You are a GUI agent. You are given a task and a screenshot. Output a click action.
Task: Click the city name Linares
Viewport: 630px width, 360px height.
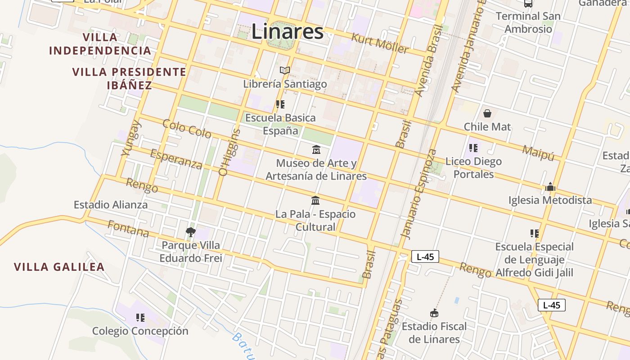coord(287,31)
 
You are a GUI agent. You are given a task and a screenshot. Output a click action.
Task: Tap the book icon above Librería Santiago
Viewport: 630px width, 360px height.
coord(284,70)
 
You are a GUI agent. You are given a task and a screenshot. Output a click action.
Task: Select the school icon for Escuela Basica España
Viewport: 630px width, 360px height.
coord(280,104)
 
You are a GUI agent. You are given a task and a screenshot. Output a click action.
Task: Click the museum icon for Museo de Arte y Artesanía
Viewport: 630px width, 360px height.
coord(316,149)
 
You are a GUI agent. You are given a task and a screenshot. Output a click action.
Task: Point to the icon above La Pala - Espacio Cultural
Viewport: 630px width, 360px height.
coord(315,200)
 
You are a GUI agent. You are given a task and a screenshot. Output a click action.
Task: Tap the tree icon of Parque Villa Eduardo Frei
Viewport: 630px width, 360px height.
coord(190,232)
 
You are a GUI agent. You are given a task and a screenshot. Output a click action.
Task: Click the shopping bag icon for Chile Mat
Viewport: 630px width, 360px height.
coord(487,113)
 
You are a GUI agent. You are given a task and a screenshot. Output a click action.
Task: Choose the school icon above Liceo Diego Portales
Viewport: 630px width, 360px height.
coord(473,148)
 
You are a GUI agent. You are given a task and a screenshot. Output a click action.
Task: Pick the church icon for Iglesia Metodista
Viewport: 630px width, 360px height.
coord(550,187)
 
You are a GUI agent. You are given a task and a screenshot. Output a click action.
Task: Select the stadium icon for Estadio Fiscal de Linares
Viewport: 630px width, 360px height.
coord(434,313)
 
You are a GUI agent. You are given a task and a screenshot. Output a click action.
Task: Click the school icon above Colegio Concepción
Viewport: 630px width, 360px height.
coord(140,318)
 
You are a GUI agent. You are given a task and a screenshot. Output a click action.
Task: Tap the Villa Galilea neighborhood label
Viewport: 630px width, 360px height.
coord(59,267)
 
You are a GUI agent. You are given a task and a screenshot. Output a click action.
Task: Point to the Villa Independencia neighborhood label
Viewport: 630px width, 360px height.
coord(100,44)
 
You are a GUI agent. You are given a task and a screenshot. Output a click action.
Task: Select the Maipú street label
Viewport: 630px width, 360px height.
coord(538,153)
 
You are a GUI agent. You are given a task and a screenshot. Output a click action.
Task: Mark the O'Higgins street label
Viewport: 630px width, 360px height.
coord(229,152)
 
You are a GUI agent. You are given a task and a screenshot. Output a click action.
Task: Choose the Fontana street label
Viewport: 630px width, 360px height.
coord(128,229)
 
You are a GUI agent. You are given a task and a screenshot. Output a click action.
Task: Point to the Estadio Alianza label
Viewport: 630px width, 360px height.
coord(110,205)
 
